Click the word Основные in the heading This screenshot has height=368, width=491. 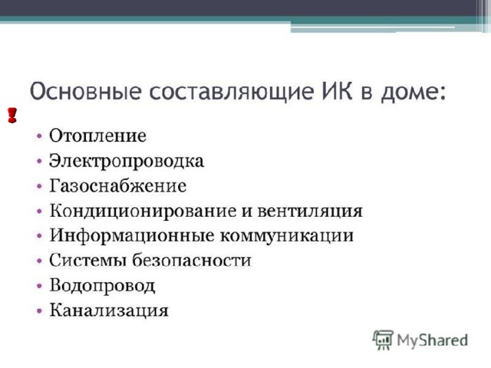click(x=85, y=91)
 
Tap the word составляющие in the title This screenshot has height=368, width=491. click(x=231, y=92)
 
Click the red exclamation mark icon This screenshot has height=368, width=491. click(x=12, y=115)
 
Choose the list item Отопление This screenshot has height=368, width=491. click(x=97, y=136)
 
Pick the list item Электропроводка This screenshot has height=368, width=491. click(x=127, y=161)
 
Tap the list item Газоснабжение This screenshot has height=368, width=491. click(x=117, y=186)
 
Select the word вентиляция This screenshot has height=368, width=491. click(x=310, y=212)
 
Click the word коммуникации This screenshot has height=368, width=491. click(x=286, y=236)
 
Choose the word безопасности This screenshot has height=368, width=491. click(x=192, y=261)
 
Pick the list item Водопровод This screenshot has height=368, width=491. click(x=102, y=286)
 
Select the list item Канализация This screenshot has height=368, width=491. click(x=109, y=310)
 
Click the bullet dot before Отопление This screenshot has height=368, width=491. click(x=39, y=136)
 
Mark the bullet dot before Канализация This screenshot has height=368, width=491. click(x=39, y=310)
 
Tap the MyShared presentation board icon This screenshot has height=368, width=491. click(x=383, y=340)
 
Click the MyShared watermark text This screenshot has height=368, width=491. click(x=433, y=340)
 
